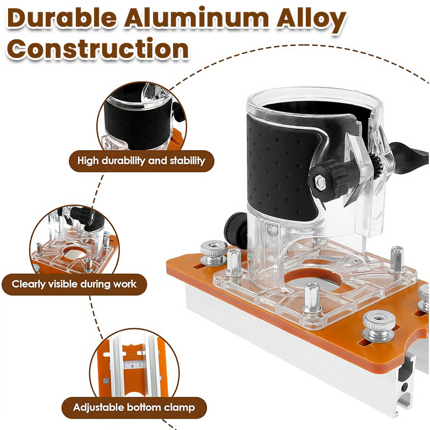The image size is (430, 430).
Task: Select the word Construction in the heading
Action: point(100,49)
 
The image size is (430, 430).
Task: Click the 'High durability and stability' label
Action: point(141,160)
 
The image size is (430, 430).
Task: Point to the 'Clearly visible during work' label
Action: point(75,284)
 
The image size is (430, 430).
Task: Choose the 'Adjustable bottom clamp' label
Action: point(134,407)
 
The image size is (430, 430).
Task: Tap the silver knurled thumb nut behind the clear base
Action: point(213,251)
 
